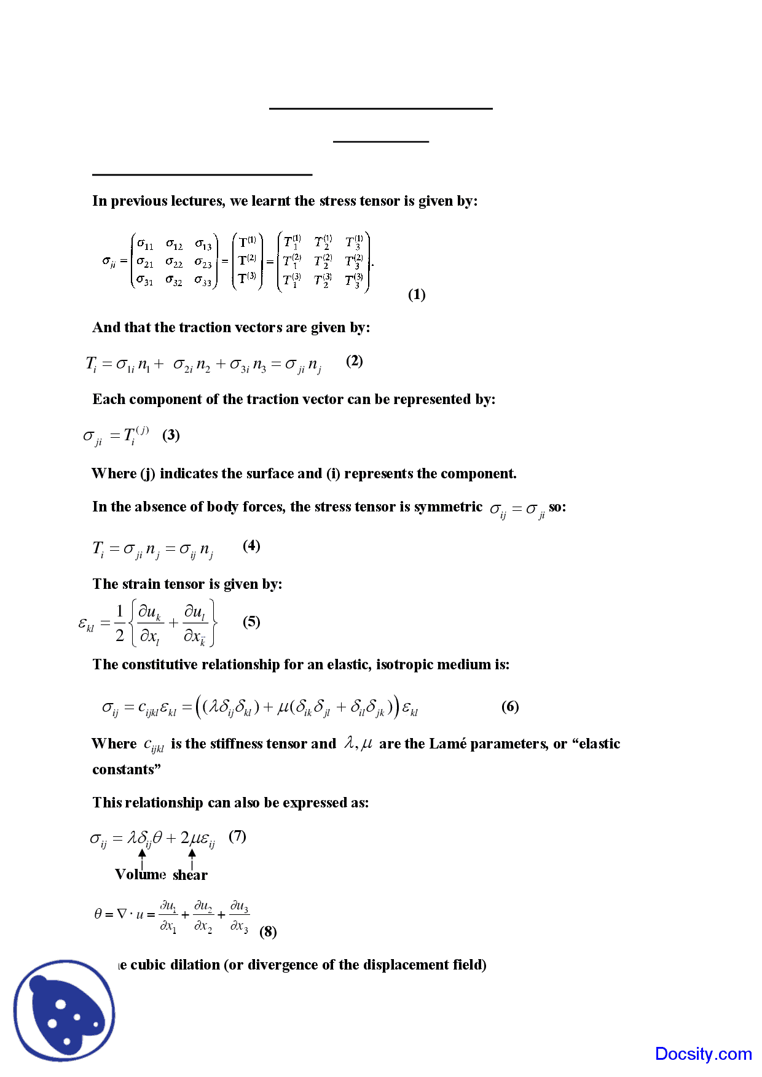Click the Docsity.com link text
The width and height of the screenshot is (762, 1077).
(703, 1054)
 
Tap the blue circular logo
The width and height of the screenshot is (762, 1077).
(65, 1010)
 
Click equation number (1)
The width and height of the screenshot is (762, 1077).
(417, 295)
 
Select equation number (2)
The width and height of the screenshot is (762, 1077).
(355, 361)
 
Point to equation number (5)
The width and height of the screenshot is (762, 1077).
(251, 622)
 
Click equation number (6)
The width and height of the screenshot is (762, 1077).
(510, 707)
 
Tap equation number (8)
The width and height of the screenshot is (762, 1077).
(268, 932)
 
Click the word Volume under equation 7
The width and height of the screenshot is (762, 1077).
(140, 874)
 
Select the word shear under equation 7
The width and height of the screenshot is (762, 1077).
(190, 875)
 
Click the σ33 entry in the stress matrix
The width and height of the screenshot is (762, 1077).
(203, 281)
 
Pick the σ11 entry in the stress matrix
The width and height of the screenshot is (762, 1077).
(145, 244)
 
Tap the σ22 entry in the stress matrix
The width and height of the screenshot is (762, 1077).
(174, 263)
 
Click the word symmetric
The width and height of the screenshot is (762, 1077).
(448, 507)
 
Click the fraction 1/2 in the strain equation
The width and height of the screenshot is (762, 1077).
(120, 623)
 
